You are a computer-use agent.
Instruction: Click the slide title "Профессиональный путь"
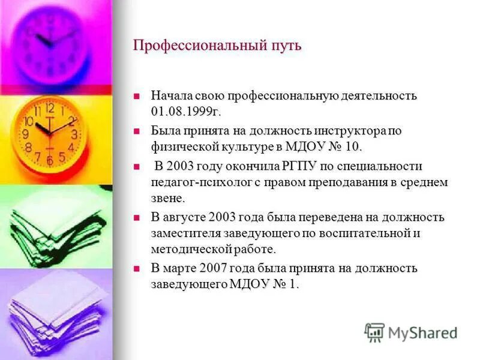(217, 46)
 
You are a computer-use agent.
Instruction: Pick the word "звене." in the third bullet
(169, 198)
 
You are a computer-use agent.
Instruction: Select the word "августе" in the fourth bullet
(185, 217)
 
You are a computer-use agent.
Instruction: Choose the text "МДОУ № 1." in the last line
(264, 284)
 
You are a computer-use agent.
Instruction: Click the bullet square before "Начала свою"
(137, 96)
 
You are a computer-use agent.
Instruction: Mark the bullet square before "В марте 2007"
(137, 268)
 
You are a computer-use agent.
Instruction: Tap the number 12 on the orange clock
(49, 109)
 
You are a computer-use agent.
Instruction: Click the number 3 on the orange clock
(74, 134)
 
